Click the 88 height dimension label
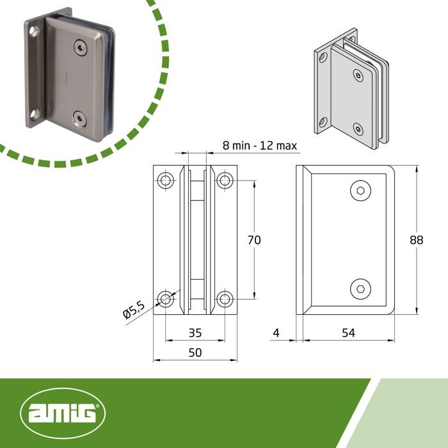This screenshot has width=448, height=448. click(x=417, y=240)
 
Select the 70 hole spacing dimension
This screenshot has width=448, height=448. click(x=254, y=240)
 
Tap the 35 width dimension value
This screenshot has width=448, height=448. click(x=195, y=333)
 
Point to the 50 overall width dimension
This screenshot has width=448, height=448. click(x=195, y=353)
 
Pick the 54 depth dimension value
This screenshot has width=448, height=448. click(x=348, y=333)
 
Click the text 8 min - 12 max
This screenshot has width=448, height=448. click(x=260, y=145)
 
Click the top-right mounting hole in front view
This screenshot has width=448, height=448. click(x=224, y=180)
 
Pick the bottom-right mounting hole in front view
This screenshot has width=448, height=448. click(x=224, y=298)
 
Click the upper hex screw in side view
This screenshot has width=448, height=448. click(x=360, y=191)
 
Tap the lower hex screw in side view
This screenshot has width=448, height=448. click(x=360, y=289)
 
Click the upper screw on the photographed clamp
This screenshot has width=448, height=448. click(x=80, y=46)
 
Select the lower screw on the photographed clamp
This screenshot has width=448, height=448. click(x=80, y=118)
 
